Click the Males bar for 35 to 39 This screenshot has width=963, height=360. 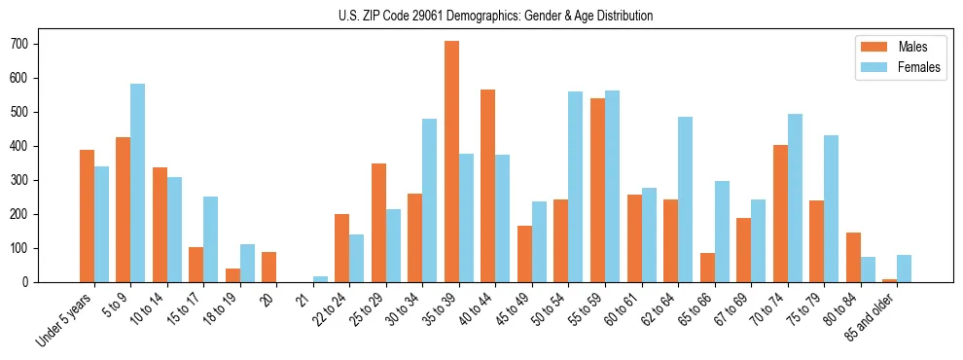click(x=451, y=162)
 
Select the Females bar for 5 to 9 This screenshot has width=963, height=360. click(x=138, y=183)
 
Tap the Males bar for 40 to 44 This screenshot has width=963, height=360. click(x=488, y=186)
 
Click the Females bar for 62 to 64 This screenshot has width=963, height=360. click(x=685, y=199)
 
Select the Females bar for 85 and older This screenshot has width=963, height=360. click(x=904, y=269)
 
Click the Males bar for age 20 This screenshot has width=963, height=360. click(x=269, y=267)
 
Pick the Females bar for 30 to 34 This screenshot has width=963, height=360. click(x=430, y=200)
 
